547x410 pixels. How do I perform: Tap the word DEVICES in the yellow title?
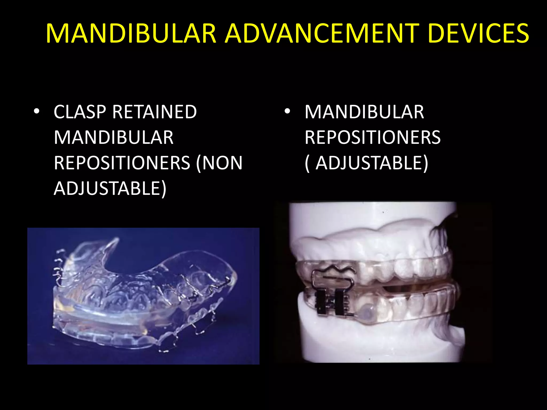(x=478, y=33)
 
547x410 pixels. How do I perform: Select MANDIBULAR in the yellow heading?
(x=131, y=33)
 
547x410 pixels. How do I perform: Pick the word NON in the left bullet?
(x=222, y=163)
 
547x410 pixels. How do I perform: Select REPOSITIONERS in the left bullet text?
(x=122, y=163)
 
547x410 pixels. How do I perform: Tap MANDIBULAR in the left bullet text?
(x=114, y=137)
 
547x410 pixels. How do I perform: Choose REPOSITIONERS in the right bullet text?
(x=373, y=137)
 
